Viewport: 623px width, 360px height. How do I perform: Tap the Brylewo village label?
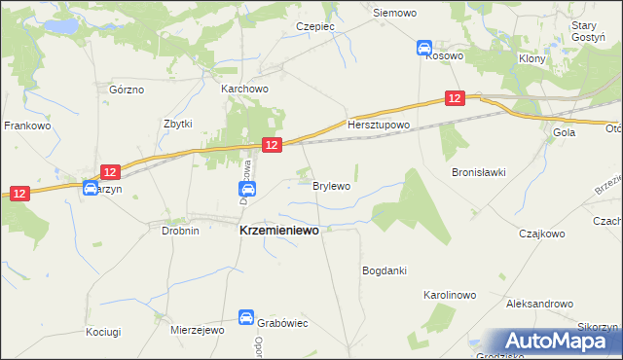click(331, 185)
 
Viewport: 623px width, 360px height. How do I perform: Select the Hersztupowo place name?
click(380, 126)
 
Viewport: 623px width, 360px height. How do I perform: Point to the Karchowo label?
click(244, 89)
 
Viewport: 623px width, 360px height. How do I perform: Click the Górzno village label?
click(127, 90)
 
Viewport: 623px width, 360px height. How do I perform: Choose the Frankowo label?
click(27, 126)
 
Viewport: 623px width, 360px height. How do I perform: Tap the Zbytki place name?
click(178, 125)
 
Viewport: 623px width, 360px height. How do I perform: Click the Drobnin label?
click(180, 231)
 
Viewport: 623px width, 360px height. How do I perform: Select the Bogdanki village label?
click(384, 270)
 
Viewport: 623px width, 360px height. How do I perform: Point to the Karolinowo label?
click(449, 293)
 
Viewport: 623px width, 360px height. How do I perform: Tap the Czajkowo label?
click(542, 234)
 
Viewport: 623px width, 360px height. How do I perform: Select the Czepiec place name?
click(316, 26)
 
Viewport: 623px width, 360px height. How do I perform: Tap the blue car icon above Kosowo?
click(423, 47)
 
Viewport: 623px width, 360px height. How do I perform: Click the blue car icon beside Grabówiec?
click(247, 316)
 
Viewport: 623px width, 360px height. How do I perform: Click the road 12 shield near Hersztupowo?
click(456, 98)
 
